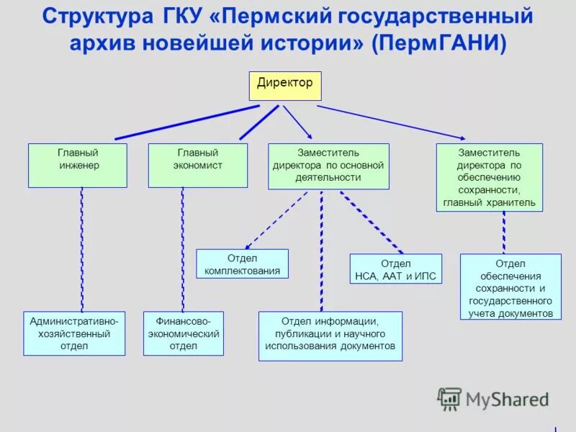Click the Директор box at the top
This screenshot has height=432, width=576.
[285, 86]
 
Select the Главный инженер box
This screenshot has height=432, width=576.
[78, 166]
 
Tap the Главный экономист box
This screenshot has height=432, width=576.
[197, 166]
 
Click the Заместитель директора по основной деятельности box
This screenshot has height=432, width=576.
[328, 166]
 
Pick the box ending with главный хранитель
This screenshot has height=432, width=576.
[489, 177]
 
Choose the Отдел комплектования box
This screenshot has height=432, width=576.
[242, 264]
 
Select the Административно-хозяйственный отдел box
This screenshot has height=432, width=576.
[74, 333]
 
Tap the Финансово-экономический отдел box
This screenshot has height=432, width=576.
[183, 333]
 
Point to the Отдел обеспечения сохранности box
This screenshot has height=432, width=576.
[510, 287]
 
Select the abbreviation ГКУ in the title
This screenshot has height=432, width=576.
[181, 16]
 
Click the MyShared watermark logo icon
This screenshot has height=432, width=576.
[449, 398]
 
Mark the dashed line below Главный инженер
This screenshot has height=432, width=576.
[81, 249]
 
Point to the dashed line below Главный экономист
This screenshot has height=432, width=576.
[182, 249]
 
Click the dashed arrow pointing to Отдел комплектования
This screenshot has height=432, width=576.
[276, 220]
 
